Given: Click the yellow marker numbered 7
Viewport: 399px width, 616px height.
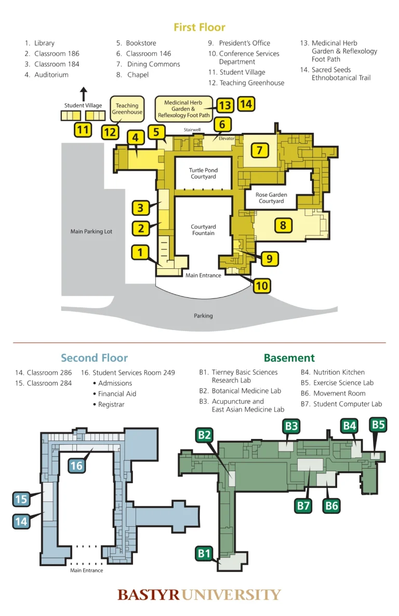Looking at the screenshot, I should pos(260,150).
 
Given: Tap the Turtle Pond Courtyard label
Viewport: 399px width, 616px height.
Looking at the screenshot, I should pos(203,173).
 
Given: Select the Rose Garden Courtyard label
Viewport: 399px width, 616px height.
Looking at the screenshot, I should pos(271,198).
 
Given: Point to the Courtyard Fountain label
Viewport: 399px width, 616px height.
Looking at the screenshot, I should pos(203,230).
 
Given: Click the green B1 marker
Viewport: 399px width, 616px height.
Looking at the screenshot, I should pos(204,553).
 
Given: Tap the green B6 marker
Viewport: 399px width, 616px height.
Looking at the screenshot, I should pos(331,505).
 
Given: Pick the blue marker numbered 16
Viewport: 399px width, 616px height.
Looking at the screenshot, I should pos(76,466).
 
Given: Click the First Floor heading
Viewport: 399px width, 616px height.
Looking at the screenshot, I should pos(199,27).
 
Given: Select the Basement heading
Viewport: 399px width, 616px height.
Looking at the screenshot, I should pos(289,358).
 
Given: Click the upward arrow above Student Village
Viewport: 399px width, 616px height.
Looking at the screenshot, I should pos(83,94).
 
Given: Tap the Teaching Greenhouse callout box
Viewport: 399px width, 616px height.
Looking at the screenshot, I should pos(127,108).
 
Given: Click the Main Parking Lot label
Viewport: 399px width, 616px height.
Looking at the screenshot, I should pos(91,231).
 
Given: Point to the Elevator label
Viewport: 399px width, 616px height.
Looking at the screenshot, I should pos(227,139).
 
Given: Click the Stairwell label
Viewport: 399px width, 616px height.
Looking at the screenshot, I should pos(192,129).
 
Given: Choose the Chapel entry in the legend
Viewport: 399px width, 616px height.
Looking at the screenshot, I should pos(138,75).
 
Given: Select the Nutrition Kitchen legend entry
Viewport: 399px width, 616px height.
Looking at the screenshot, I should pos(338,372).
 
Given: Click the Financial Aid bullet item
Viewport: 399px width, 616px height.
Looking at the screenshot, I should pos(117,394).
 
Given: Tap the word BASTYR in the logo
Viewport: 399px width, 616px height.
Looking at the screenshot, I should pos(148,595).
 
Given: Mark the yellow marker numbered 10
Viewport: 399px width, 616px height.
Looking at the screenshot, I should pos(262,285).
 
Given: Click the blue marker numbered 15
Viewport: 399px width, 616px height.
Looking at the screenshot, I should pos(21,499).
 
